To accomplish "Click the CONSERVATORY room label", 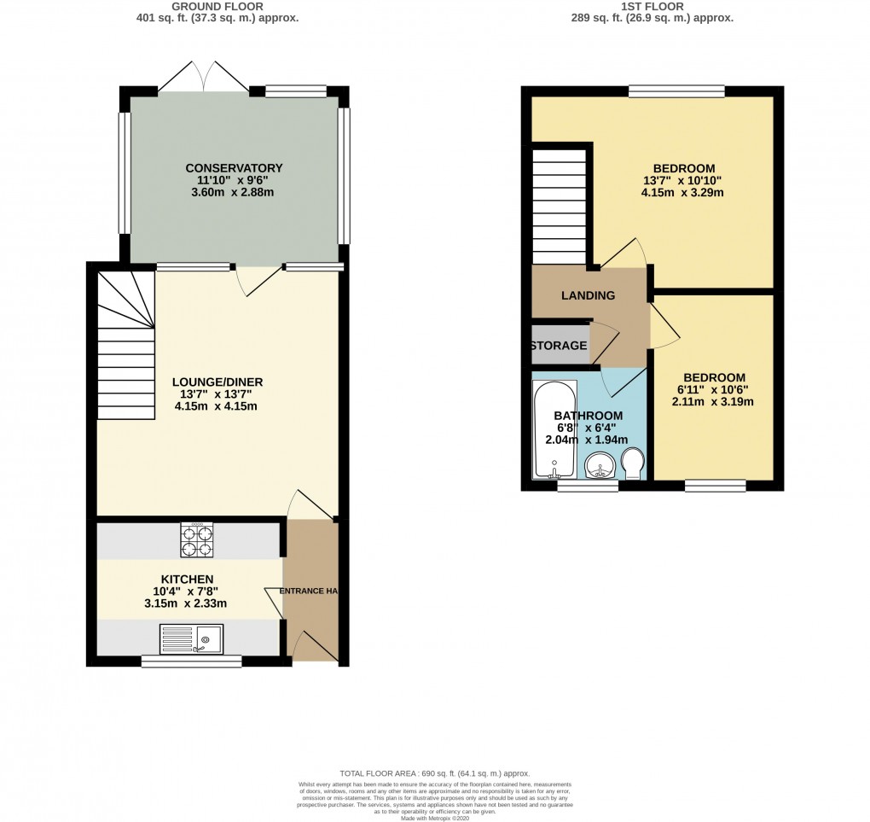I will tap(234, 167).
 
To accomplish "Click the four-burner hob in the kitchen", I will tap(196, 539).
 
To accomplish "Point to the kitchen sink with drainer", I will tap(191, 638).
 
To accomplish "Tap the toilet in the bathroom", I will tap(633, 466).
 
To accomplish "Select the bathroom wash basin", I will tap(601, 468).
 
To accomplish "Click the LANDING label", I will tap(588, 295).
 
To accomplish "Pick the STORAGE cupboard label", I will tap(559, 346).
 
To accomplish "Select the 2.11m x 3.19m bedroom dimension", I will tap(714, 401).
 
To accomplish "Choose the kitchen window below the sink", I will tap(191, 662).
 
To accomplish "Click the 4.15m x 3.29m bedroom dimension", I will tap(683, 193).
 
